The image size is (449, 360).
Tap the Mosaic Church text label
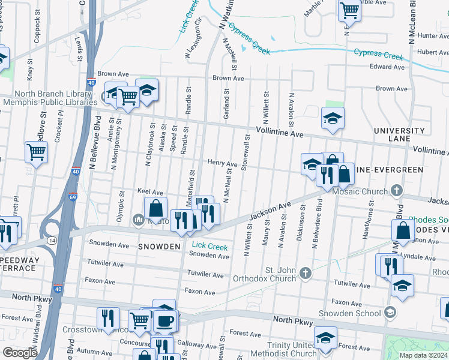pos(360,191)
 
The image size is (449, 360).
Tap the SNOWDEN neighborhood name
pos(160,247)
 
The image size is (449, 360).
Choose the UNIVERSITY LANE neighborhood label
pos(399,135)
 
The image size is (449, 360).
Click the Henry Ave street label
pos(222,163)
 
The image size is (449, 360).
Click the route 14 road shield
pos(52,239)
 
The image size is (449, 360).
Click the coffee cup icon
pos(165,320)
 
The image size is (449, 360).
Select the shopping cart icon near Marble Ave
pos(349,10)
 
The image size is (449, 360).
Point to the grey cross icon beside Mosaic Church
pos(396,191)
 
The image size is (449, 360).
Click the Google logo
pos(20,353)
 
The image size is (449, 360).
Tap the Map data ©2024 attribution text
pos(423,355)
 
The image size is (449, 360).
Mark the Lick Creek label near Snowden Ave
pos(209,246)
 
